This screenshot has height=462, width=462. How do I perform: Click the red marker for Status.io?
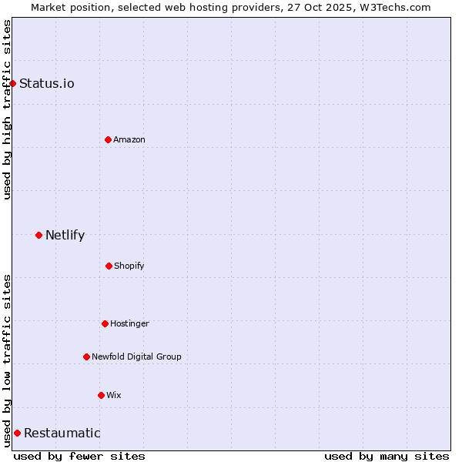(12, 83)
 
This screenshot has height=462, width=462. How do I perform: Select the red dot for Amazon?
(108, 139)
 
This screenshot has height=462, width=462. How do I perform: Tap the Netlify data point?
(38, 235)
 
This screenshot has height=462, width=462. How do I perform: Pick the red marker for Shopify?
(109, 266)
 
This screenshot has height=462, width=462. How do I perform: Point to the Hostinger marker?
(105, 323)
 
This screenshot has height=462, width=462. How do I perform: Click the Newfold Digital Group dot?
(86, 357)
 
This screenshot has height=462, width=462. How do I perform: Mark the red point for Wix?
(101, 395)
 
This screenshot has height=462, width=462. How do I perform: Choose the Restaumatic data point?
(17, 433)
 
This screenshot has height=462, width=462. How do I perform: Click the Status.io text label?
(47, 83)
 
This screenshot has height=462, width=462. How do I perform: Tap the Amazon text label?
(129, 139)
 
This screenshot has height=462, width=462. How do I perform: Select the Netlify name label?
(65, 235)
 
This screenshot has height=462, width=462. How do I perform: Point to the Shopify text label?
(129, 266)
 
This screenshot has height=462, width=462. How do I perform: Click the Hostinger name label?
(129, 323)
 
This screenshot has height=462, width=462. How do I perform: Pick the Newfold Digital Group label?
(136, 357)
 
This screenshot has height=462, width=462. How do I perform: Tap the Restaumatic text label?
(62, 433)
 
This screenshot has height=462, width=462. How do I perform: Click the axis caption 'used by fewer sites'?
(79, 456)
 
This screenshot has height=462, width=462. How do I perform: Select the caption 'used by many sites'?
(387, 456)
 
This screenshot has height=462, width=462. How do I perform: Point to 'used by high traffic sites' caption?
(7, 109)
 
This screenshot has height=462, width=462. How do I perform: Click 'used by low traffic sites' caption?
(7, 360)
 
